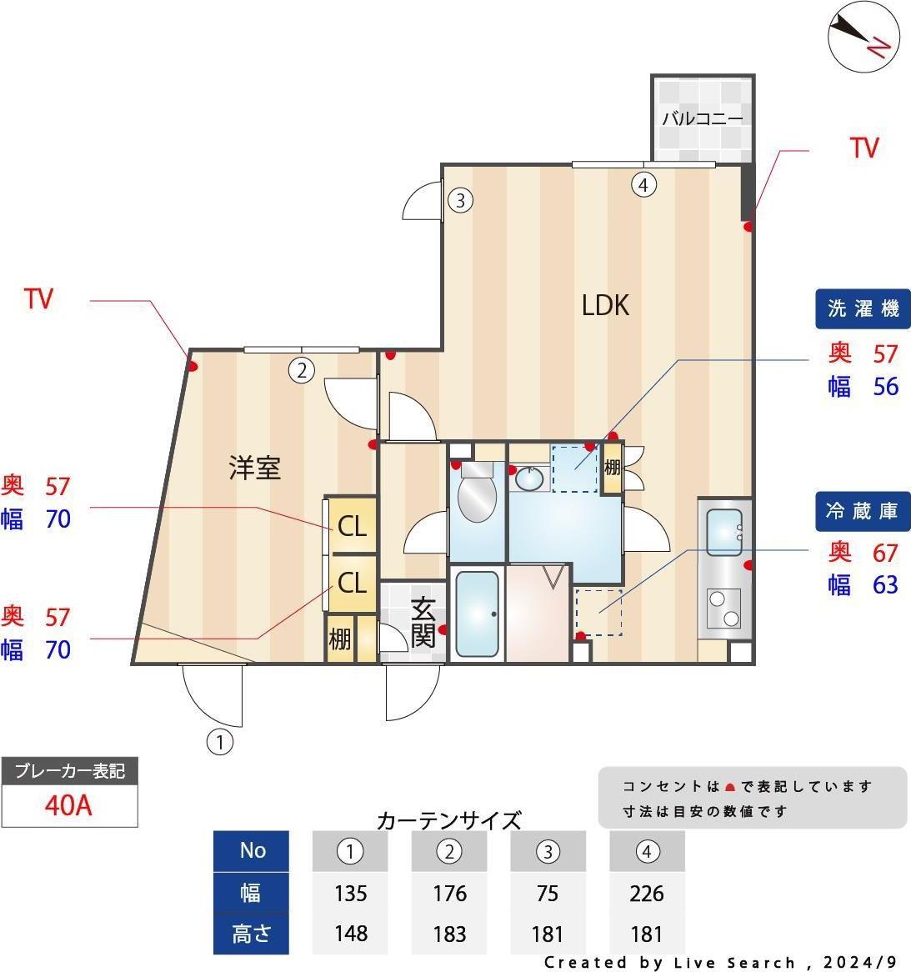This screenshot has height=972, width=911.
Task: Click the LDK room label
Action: (605, 305)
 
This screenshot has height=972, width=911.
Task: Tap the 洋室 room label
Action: (255, 468)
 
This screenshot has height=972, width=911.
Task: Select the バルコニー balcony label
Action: (702, 118)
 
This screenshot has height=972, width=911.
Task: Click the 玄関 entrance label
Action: (423, 623)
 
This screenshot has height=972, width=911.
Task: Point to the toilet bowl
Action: (477, 494)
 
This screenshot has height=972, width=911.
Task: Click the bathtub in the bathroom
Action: (478, 614)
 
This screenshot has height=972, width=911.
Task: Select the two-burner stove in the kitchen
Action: (723, 609)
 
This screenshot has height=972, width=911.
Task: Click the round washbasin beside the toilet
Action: (529, 478)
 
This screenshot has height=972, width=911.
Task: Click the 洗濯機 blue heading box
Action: (863, 308)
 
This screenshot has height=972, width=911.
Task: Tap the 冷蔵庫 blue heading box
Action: (863, 511)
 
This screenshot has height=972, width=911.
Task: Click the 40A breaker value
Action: (68, 805)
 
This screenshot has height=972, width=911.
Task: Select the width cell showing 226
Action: (647, 894)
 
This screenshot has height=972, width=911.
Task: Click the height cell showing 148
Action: (350, 934)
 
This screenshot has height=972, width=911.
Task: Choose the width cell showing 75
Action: (548, 894)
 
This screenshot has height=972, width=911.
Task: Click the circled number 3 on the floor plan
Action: (460, 200)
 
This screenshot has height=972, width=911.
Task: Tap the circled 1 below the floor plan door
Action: (219, 742)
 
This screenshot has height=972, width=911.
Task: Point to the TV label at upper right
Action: (863, 148)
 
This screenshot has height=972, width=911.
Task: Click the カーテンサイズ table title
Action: (448, 820)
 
